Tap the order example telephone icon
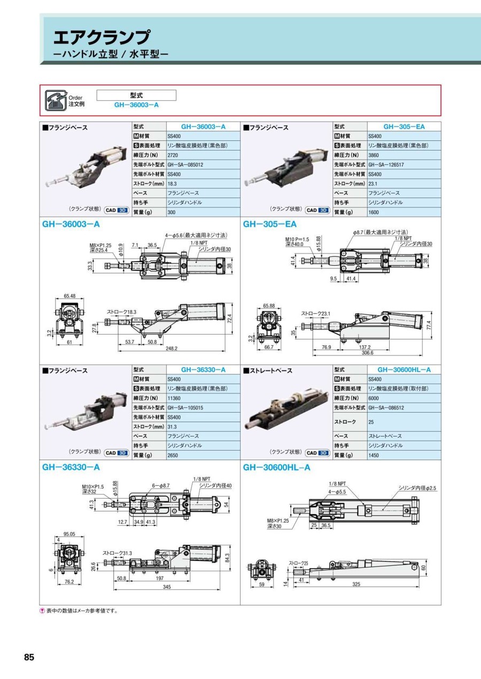click(x=55, y=100)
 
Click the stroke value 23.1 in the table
click(x=373, y=183)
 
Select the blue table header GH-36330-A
click(x=203, y=369)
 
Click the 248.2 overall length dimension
click(x=172, y=349)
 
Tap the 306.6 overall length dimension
click(x=368, y=352)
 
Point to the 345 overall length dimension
click(x=167, y=587)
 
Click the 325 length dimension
click(x=356, y=585)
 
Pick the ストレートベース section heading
click(x=268, y=370)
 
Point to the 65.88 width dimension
click(x=269, y=306)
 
